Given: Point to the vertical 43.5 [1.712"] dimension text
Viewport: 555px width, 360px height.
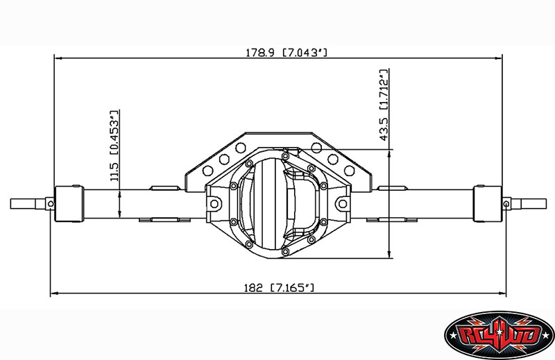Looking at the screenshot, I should click(384, 104).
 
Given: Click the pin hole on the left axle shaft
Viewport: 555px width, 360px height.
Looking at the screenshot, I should click(50, 203).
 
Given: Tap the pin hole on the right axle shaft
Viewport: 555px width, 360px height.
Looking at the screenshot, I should click(506, 203).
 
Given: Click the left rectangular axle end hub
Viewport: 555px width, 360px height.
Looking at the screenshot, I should click(70, 203).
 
